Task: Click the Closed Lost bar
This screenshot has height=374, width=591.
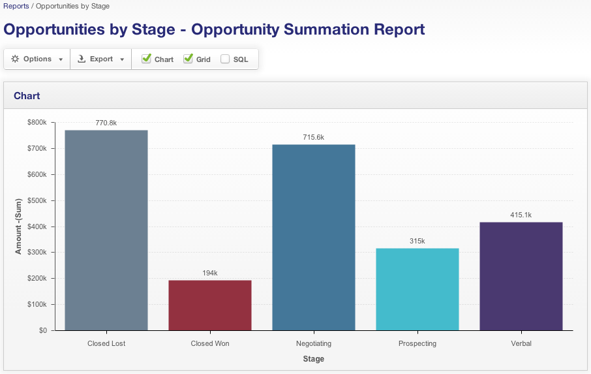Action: click(x=106, y=230)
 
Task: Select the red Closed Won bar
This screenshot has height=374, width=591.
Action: click(x=210, y=305)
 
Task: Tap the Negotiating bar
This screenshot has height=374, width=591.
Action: click(x=314, y=237)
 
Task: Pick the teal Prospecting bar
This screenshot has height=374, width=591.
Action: click(x=417, y=289)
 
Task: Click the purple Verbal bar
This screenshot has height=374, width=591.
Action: click(x=521, y=276)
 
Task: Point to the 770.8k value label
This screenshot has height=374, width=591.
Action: click(x=106, y=123)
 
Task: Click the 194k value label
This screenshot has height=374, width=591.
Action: click(x=210, y=273)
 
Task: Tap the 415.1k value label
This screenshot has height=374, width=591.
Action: click(x=521, y=215)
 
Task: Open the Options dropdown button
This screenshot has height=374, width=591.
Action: click(x=37, y=59)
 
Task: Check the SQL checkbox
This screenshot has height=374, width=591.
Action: click(x=225, y=59)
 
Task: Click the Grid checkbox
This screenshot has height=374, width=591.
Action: click(x=188, y=59)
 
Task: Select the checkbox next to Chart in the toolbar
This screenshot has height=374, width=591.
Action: click(x=146, y=59)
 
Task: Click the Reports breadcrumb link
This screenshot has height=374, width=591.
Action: click(x=16, y=6)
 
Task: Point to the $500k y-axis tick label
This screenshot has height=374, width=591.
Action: click(x=37, y=200)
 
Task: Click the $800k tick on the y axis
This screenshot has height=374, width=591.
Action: click(x=37, y=123)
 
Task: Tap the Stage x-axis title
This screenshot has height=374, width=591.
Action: click(x=313, y=359)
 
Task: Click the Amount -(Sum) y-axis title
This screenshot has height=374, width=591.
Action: click(x=19, y=226)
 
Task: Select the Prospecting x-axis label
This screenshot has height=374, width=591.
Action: click(x=417, y=343)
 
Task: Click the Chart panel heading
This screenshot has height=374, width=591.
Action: click(x=27, y=96)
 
